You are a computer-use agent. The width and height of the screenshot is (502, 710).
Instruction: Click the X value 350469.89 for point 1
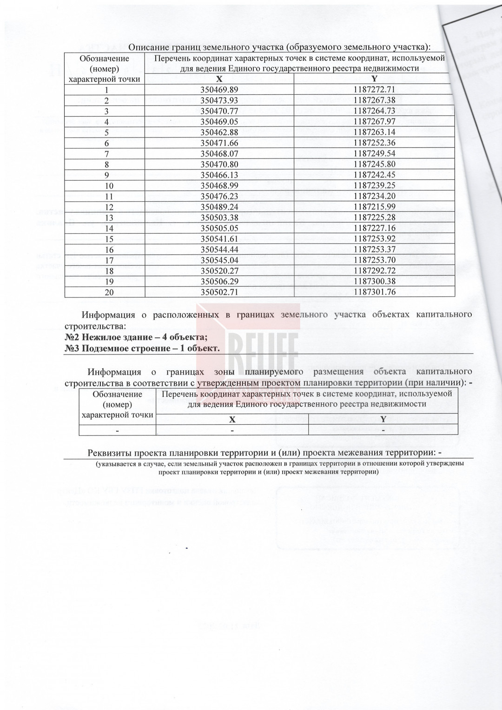(x=219, y=90)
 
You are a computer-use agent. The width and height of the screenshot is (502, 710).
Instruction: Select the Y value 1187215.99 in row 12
(x=374, y=207)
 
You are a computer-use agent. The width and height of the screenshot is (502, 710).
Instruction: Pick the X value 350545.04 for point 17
(x=219, y=260)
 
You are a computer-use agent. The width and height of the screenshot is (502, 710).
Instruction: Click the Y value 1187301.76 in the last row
(x=374, y=292)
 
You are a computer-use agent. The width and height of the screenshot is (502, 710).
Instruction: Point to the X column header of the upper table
(x=219, y=79)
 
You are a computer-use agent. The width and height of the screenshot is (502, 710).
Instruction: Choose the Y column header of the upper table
(x=374, y=79)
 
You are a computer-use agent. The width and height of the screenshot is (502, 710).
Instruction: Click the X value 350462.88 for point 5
(x=219, y=132)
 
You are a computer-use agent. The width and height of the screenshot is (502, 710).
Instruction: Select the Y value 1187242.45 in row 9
(x=374, y=175)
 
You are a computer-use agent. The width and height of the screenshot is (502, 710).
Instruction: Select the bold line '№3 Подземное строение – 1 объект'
(x=142, y=348)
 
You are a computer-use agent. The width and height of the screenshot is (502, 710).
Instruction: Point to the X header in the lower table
(x=232, y=419)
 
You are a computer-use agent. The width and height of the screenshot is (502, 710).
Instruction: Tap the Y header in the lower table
(x=383, y=419)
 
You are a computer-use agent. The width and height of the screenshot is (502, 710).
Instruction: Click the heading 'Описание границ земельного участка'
(x=279, y=47)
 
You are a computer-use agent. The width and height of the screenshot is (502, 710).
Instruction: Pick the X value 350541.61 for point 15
(x=219, y=239)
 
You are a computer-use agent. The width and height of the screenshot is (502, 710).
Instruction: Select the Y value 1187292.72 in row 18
(x=374, y=271)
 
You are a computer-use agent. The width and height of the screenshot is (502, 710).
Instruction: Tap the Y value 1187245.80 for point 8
(x=374, y=164)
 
